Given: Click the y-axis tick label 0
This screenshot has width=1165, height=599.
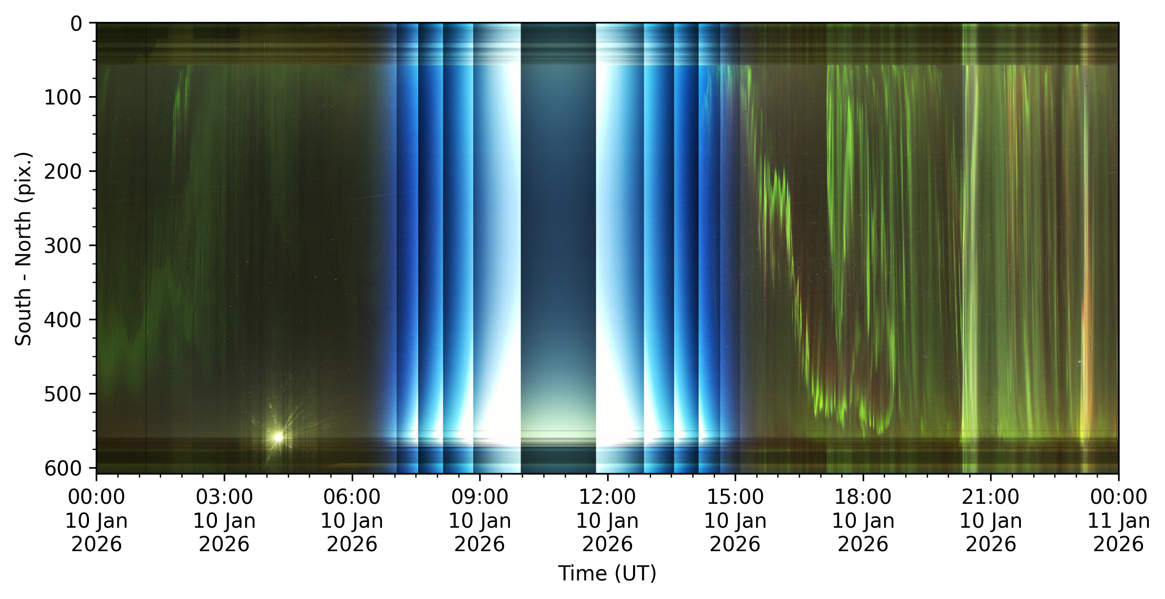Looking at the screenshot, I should [76, 23].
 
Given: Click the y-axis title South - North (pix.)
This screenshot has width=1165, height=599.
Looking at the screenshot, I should [23, 249].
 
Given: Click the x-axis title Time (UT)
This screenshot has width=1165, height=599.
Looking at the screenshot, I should [607, 573].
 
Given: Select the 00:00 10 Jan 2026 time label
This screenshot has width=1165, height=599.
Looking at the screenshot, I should [96, 520].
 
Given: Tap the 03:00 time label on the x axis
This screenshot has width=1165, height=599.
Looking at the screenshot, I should [224, 520].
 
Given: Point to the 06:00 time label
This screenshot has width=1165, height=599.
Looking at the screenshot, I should [352, 520].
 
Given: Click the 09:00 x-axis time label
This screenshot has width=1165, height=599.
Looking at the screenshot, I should [480, 520].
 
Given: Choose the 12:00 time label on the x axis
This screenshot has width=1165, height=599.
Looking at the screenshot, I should [607, 520].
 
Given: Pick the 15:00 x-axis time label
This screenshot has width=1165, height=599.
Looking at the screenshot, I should [735, 520].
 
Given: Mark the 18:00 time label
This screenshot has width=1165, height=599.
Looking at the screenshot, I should [863, 520].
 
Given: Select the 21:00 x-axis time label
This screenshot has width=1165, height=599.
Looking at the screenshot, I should [991, 520].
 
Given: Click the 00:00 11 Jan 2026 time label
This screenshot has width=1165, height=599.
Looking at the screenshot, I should [1119, 520].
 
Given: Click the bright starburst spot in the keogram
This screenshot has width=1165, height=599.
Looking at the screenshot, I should [278, 437].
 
